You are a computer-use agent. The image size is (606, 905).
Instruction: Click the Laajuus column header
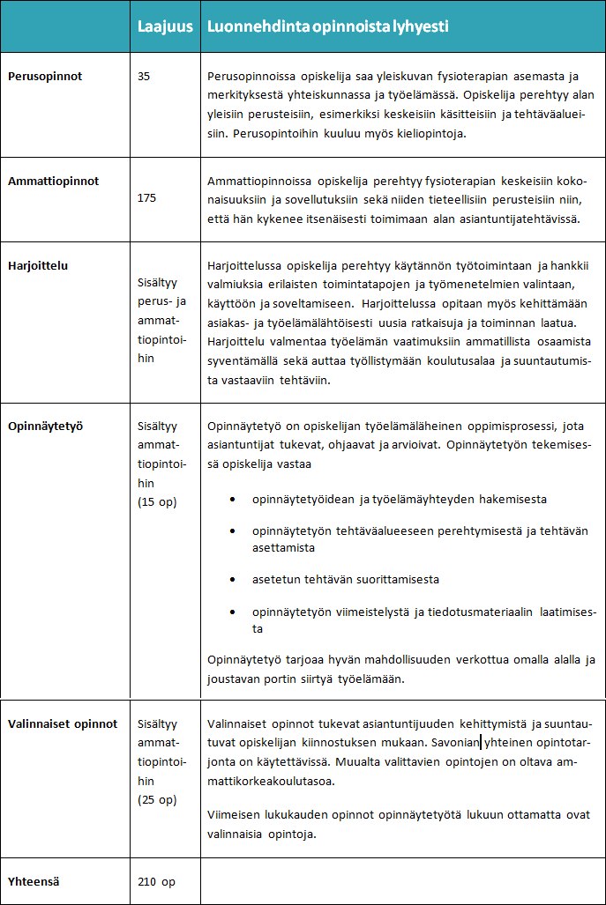(x=165, y=26)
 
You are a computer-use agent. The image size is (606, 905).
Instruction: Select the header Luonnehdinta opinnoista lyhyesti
(x=327, y=26)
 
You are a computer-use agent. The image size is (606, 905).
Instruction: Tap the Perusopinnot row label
(x=45, y=77)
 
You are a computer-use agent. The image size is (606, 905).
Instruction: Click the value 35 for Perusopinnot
(x=145, y=77)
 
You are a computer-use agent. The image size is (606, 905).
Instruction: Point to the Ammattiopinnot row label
(x=54, y=181)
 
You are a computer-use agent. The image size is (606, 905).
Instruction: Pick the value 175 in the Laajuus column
(x=147, y=198)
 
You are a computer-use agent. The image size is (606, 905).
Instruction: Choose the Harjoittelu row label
(x=38, y=264)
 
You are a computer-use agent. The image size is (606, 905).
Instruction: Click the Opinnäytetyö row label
(x=45, y=426)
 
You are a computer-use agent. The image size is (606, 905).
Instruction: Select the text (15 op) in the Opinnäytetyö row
(x=158, y=502)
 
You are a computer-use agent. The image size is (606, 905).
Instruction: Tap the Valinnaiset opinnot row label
(x=63, y=724)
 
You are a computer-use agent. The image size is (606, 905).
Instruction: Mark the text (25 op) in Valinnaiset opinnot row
(x=158, y=800)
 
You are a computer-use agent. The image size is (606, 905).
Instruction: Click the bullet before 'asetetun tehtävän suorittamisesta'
(x=232, y=580)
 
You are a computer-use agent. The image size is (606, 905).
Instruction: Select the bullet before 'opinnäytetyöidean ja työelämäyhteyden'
(x=232, y=500)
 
